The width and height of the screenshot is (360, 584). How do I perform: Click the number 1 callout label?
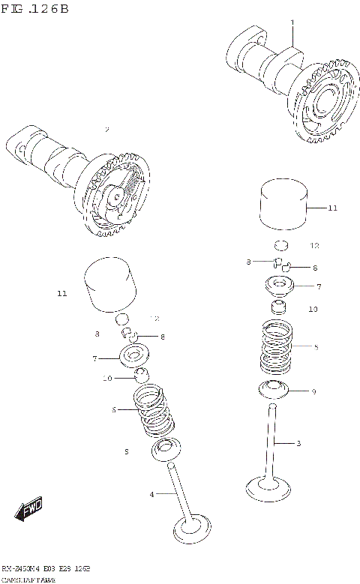pos(292,22)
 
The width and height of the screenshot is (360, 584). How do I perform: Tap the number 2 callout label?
pos(107,130)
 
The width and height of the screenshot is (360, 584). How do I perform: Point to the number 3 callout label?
pos(298,444)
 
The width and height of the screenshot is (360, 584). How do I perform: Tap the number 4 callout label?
pos(151,494)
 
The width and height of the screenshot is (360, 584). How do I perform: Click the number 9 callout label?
pos(313,391)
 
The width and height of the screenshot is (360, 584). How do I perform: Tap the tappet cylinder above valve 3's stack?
pos(284,203)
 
